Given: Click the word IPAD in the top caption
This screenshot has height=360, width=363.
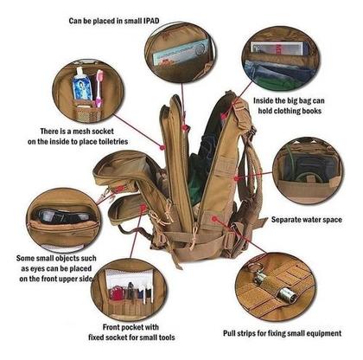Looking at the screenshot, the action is (x=151, y=21).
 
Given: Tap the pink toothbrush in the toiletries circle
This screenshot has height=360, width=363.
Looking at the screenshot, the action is (x=99, y=88).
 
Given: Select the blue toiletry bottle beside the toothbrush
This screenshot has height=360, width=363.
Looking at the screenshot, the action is (x=82, y=85).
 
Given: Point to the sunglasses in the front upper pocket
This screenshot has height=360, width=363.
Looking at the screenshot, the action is (x=64, y=215).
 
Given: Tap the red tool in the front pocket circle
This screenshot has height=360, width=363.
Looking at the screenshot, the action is (x=116, y=293).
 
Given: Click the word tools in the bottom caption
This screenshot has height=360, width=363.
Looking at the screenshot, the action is (x=166, y=337).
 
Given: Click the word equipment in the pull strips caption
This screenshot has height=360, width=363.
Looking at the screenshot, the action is (x=323, y=333).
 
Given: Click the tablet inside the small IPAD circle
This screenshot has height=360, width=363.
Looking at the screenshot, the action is (x=181, y=53).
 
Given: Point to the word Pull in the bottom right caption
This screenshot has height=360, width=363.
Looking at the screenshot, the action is (x=229, y=333).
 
